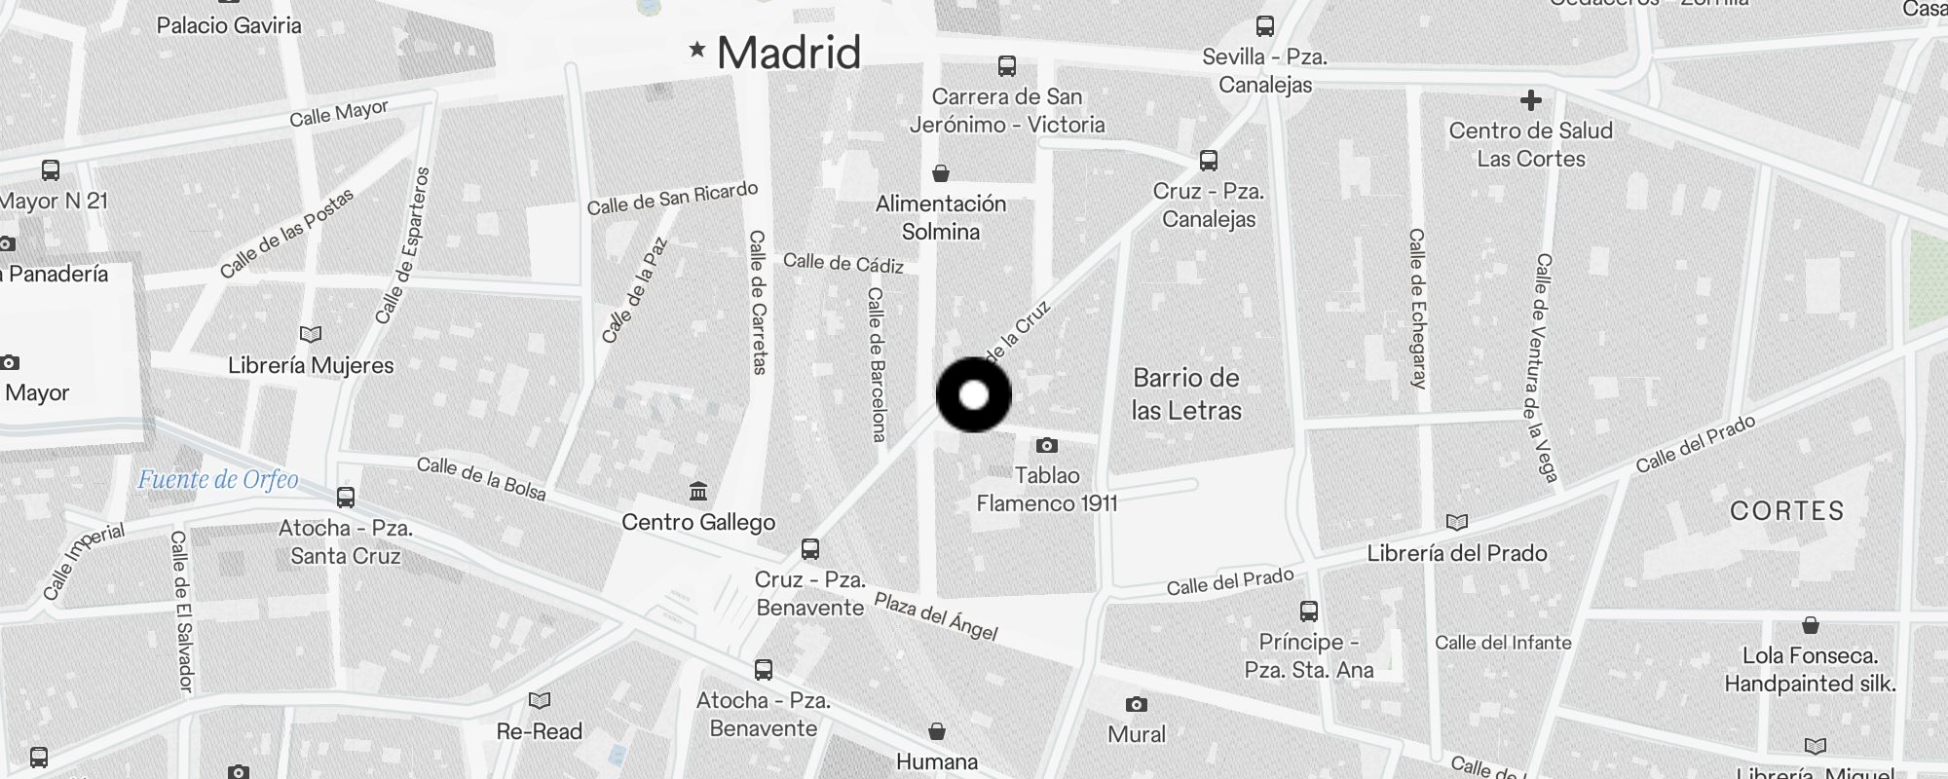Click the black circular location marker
coord(974,395)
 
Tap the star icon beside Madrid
coord(696,49)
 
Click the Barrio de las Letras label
coord(1186,393)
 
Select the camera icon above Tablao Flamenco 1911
coord(1047,446)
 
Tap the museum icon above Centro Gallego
coord(698,491)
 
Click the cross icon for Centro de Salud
coord(1530,99)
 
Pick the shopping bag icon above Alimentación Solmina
coord(941,173)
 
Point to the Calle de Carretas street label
coord(758,302)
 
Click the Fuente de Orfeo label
coord(218,479)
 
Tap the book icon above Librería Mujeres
coord(311,335)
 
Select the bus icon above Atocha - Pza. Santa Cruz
coord(346,498)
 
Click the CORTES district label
coord(1786,511)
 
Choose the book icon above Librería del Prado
coord(1456,523)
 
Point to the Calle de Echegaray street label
coord(1417,309)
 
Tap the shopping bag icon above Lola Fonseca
coord(1810,625)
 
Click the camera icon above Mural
coord(1136,704)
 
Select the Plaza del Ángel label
coord(936,616)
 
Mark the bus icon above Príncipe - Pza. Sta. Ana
coord(1309,612)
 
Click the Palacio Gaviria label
coord(229,25)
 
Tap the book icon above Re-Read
coord(539,700)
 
